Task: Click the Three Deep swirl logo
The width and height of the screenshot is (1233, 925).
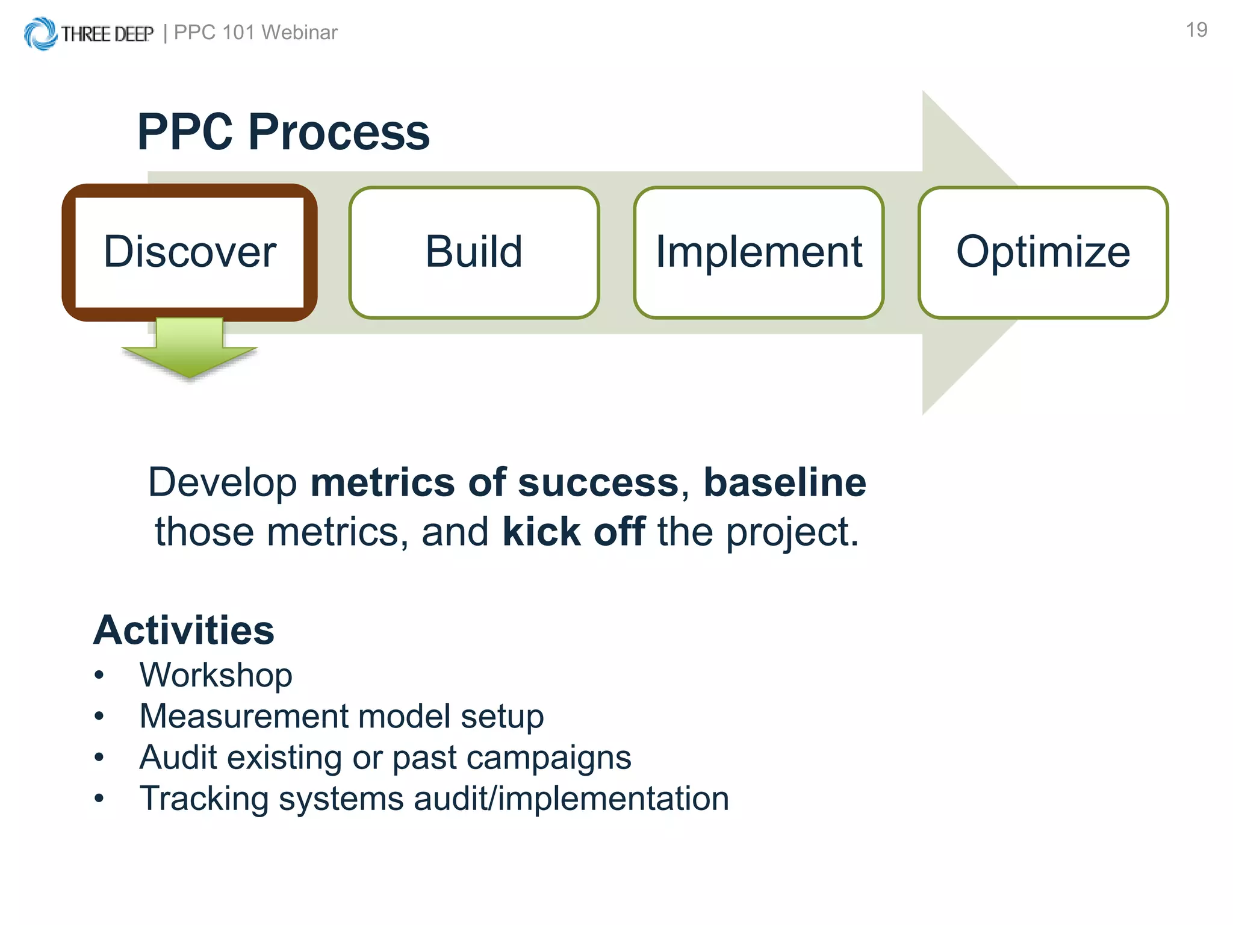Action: [40, 33]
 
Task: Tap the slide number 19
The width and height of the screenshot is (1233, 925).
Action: [1196, 30]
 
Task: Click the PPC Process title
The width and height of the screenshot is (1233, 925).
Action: [283, 132]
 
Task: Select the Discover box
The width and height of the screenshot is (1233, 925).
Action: [190, 252]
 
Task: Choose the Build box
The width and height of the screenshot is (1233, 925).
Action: [474, 252]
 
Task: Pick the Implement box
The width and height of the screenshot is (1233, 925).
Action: [759, 252]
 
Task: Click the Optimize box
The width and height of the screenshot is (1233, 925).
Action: [1043, 252]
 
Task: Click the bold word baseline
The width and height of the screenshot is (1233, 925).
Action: [784, 482]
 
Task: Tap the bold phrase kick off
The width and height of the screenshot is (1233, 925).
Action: [574, 532]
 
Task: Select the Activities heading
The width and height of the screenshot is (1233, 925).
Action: [184, 631]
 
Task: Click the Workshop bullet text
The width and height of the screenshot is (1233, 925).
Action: [216, 675]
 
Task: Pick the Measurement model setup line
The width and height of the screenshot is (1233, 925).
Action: [341, 717]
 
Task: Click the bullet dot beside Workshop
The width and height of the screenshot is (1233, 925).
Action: [99, 676]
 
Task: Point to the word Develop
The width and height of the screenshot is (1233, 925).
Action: [223, 482]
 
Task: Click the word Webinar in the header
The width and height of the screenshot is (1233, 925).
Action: [299, 33]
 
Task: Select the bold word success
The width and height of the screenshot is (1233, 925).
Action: [598, 482]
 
